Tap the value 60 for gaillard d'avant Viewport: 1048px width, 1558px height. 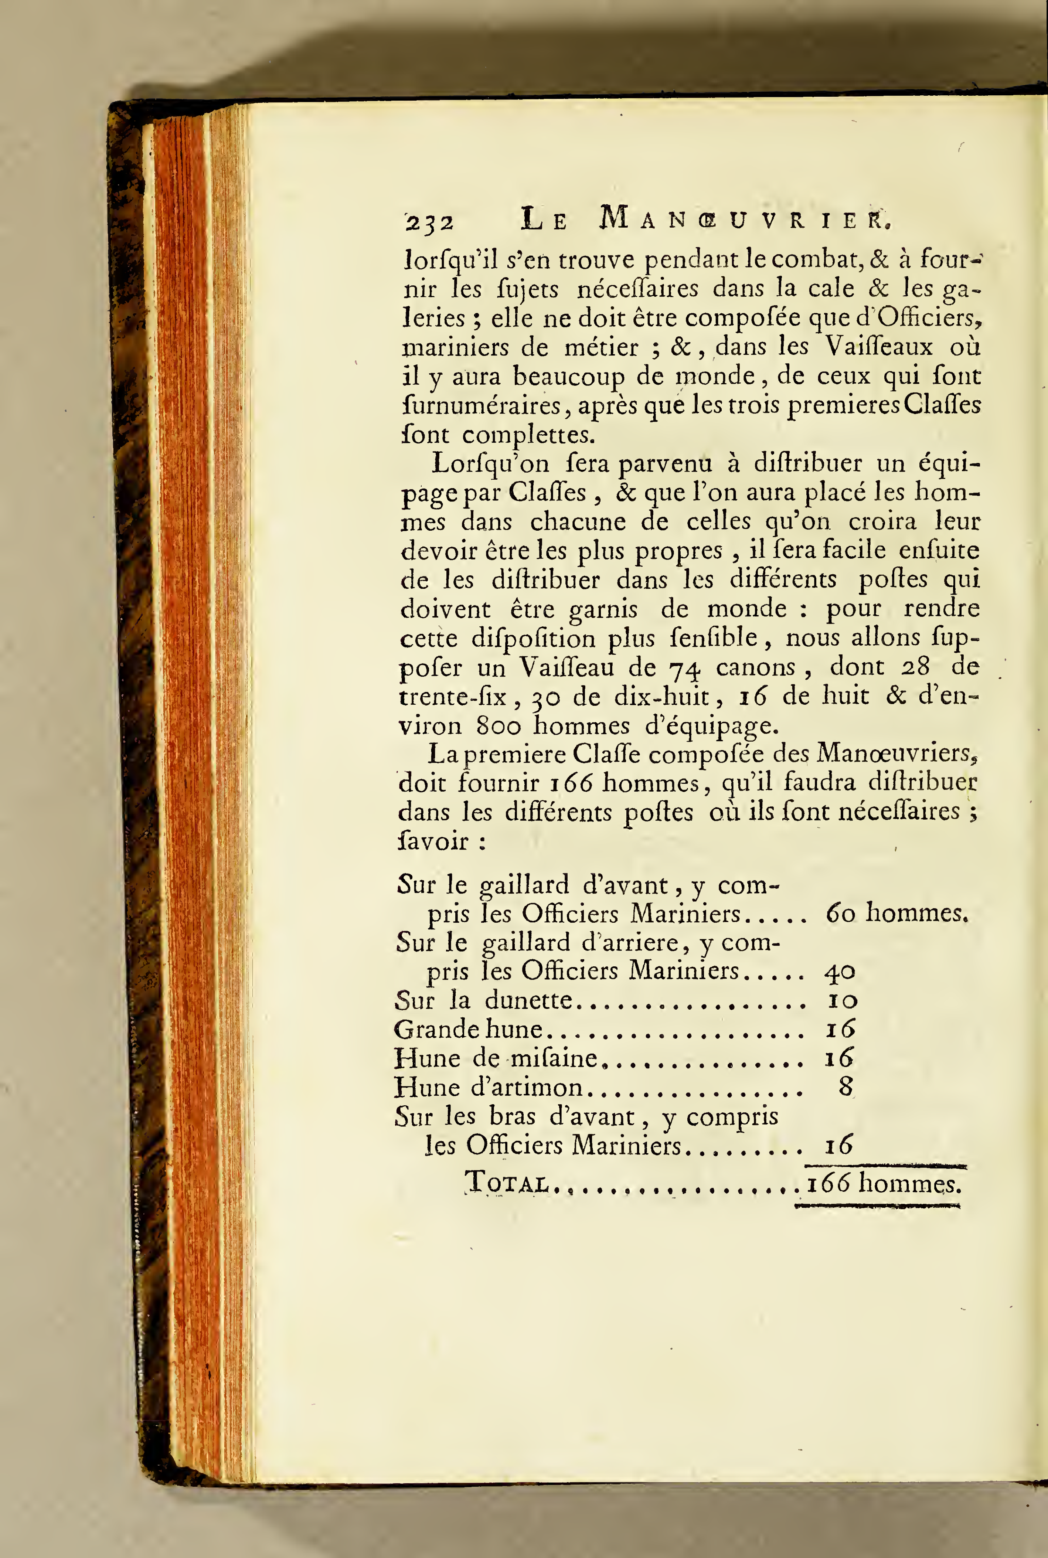point(840,913)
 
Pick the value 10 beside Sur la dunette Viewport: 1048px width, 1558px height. point(841,1001)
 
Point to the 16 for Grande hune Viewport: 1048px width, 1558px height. point(840,1029)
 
